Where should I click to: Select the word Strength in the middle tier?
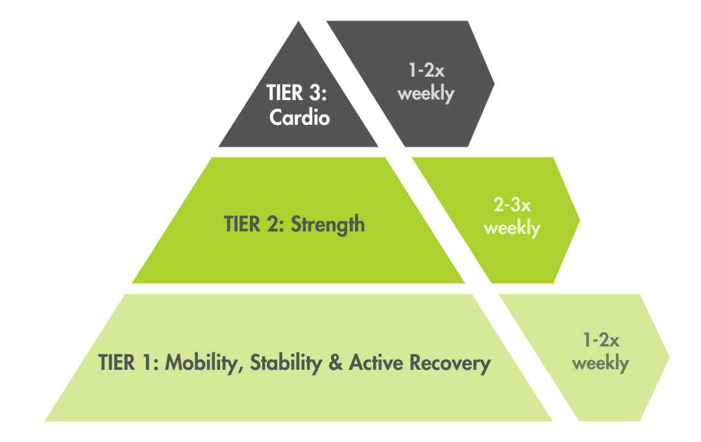pyautogui.click(x=328, y=225)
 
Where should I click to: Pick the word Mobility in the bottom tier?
pyautogui.click(x=199, y=363)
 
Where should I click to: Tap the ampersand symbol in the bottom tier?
pyautogui.click(x=336, y=363)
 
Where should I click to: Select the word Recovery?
pyautogui.click(x=450, y=363)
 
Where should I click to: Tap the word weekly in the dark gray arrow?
pyautogui.click(x=426, y=93)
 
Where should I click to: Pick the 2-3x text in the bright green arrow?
pyautogui.click(x=512, y=206)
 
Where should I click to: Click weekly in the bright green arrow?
pyautogui.click(x=512, y=228)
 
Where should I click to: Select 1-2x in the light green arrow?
pyautogui.click(x=600, y=340)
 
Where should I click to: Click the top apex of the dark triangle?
pyautogui.click(x=299, y=23)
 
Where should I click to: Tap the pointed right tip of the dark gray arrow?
pyautogui.click(x=493, y=83)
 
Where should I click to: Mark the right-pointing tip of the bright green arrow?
pyautogui.click(x=579, y=220)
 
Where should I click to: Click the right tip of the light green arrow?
pyautogui.click(x=668, y=357)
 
